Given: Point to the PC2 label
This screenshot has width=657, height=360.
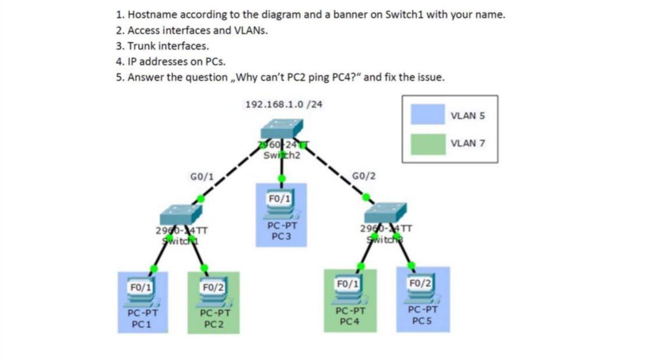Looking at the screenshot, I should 215,324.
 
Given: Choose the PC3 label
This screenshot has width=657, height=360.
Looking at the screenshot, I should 282,237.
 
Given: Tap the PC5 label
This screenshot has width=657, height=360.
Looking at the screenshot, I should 421,320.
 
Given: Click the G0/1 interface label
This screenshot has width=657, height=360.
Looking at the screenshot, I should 202,175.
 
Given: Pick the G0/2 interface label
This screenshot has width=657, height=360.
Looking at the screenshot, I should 364,175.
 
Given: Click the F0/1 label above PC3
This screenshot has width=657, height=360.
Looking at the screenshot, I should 280,199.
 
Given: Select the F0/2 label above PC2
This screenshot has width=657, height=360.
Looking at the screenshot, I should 212,287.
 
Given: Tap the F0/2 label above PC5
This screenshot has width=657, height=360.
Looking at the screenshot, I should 420,284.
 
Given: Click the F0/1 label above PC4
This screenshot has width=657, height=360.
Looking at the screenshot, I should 347,284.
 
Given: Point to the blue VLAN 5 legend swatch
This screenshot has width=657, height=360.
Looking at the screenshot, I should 427,114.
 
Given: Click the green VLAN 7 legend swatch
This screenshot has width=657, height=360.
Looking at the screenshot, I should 427,144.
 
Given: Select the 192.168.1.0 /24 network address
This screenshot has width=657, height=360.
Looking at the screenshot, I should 284,104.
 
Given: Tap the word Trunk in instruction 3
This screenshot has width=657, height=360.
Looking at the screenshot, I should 141,45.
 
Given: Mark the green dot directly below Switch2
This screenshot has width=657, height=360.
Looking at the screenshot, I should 282,178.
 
